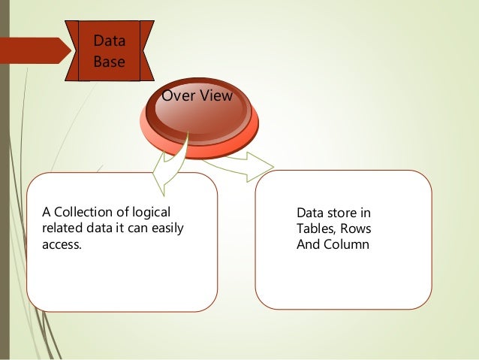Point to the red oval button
200,120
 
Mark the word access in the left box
61,244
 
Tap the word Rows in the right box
357,228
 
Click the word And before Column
309,244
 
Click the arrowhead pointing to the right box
260,166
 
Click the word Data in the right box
311,213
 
